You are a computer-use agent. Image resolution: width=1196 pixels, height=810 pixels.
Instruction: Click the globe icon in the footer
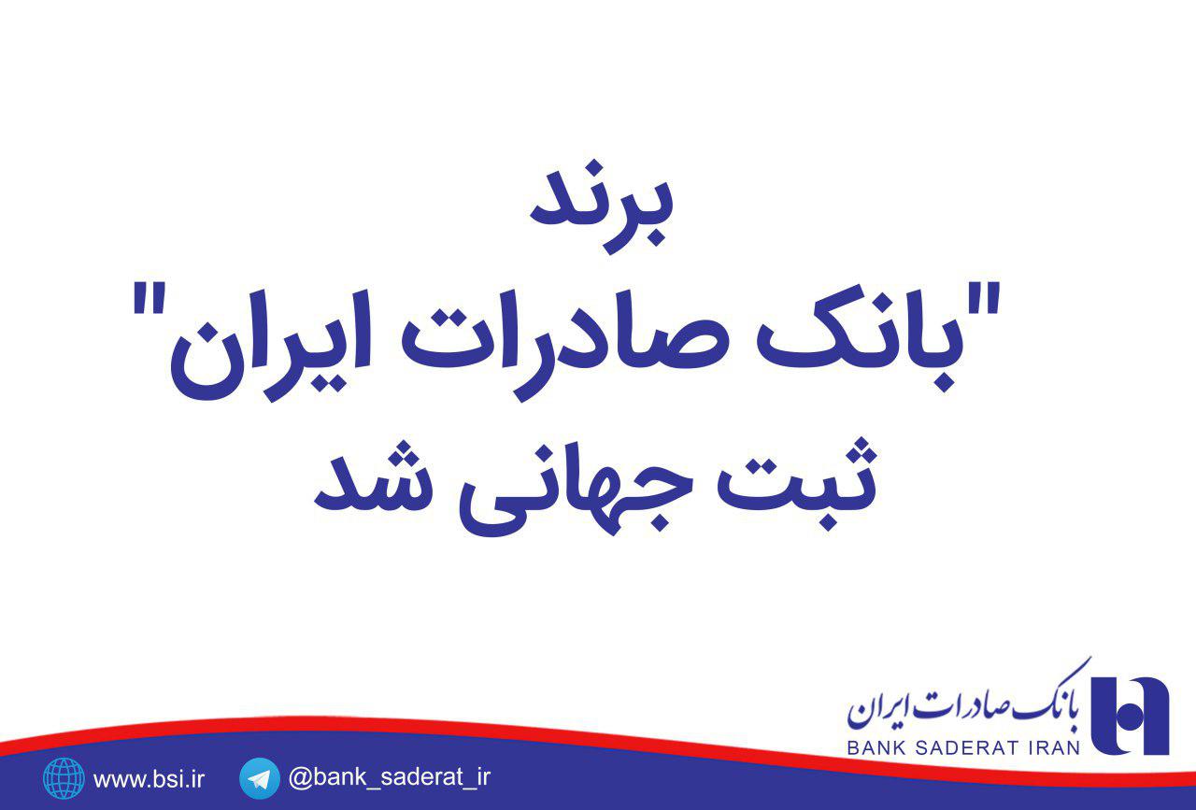point(64,778)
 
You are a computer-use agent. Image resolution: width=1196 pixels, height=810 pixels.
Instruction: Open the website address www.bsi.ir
point(149,778)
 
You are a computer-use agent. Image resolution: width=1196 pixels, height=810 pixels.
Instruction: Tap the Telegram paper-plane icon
point(260,778)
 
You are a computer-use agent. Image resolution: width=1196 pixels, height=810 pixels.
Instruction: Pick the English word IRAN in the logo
point(1051,746)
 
